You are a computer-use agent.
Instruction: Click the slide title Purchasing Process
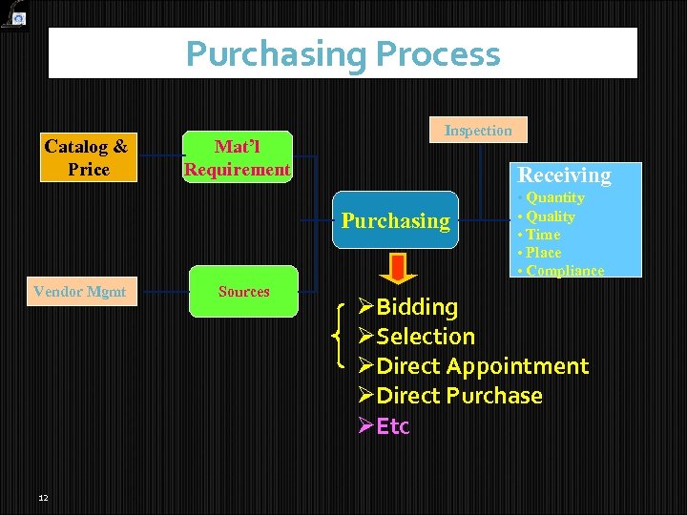343,53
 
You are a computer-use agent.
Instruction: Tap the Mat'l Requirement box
238,157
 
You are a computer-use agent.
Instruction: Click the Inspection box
478,130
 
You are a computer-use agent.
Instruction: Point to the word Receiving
564,175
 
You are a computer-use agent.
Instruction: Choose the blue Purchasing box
395,220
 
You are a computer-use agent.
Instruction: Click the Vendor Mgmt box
79,292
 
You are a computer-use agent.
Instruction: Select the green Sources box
243,292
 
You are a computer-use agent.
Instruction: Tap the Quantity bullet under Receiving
554,197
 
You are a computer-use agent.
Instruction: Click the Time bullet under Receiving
543,234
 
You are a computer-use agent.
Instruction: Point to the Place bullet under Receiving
543,252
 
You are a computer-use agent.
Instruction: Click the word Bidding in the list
417,307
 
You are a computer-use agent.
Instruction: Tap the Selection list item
426,337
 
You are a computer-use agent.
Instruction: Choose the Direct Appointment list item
483,366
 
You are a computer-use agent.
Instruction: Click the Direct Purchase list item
459,396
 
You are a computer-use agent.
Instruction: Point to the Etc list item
393,426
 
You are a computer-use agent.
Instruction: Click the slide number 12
43,498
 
